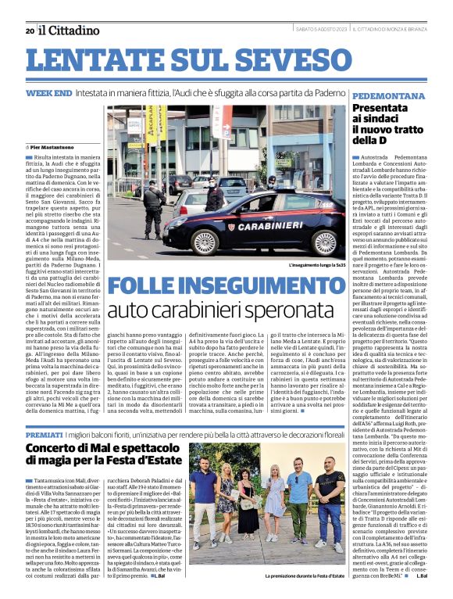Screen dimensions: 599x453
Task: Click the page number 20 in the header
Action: click(x=29, y=30)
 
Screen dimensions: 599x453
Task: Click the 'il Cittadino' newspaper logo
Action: click(x=70, y=30)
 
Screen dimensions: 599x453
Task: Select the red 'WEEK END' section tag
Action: click(x=48, y=93)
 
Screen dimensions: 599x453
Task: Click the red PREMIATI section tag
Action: click(x=45, y=432)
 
